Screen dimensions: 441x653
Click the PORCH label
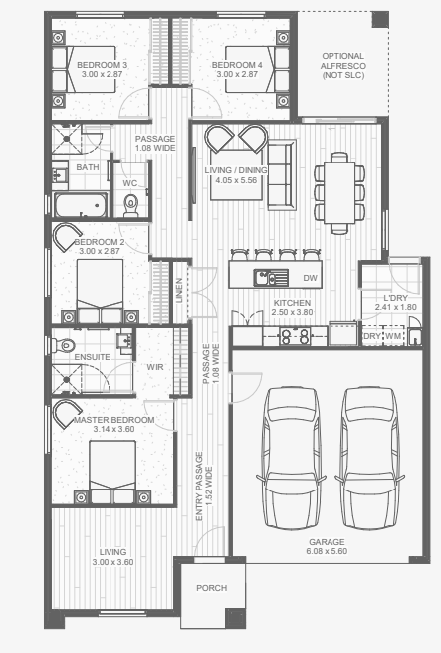click(x=212, y=588)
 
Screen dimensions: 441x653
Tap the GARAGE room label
click(x=327, y=541)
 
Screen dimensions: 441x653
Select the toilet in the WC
click(x=131, y=205)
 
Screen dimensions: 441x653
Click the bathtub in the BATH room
click(x=81, y=205)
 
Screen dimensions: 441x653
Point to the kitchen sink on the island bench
click(x=271, y=278)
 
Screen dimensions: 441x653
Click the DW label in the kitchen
click(x=310, y=278)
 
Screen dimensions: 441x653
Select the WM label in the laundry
click(x=393, y=336)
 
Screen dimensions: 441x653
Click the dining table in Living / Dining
click(x=339, y=192)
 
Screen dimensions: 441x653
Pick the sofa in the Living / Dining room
click(x=282, y=174)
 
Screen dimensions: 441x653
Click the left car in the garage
click(x=292, y=459)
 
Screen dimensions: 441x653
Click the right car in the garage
click(x=370, y=459)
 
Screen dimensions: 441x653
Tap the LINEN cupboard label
click(x=180, y=291)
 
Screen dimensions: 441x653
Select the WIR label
click(x=155, y=367)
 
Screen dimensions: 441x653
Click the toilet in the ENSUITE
click(x=63, y=345)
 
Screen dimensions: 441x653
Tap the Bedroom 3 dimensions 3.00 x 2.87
click(x=102, y=74)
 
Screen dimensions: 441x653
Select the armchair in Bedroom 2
click(x=67, y=238)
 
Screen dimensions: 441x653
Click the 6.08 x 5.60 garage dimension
click(x=327, y=551)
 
